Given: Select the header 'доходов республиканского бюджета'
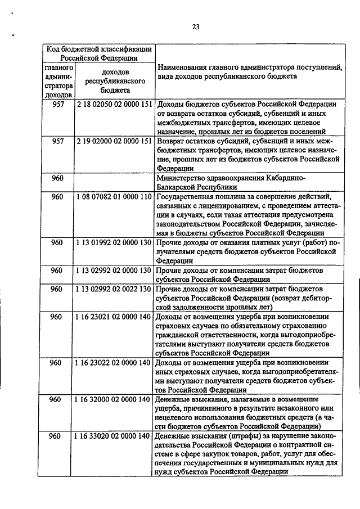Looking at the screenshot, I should [115, 80].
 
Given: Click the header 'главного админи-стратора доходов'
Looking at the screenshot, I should [57, 81].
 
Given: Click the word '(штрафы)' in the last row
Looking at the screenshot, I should [242, 436].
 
